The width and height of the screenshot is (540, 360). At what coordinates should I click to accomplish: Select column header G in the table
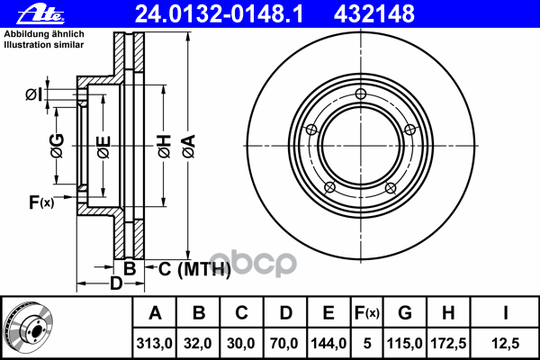(x=405, y=313)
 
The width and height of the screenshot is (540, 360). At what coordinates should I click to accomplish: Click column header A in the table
(x=155, y=313)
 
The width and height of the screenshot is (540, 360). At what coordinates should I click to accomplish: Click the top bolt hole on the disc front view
(x=361, y=95)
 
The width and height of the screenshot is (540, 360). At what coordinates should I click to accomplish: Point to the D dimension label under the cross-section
(x=115, y=283)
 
